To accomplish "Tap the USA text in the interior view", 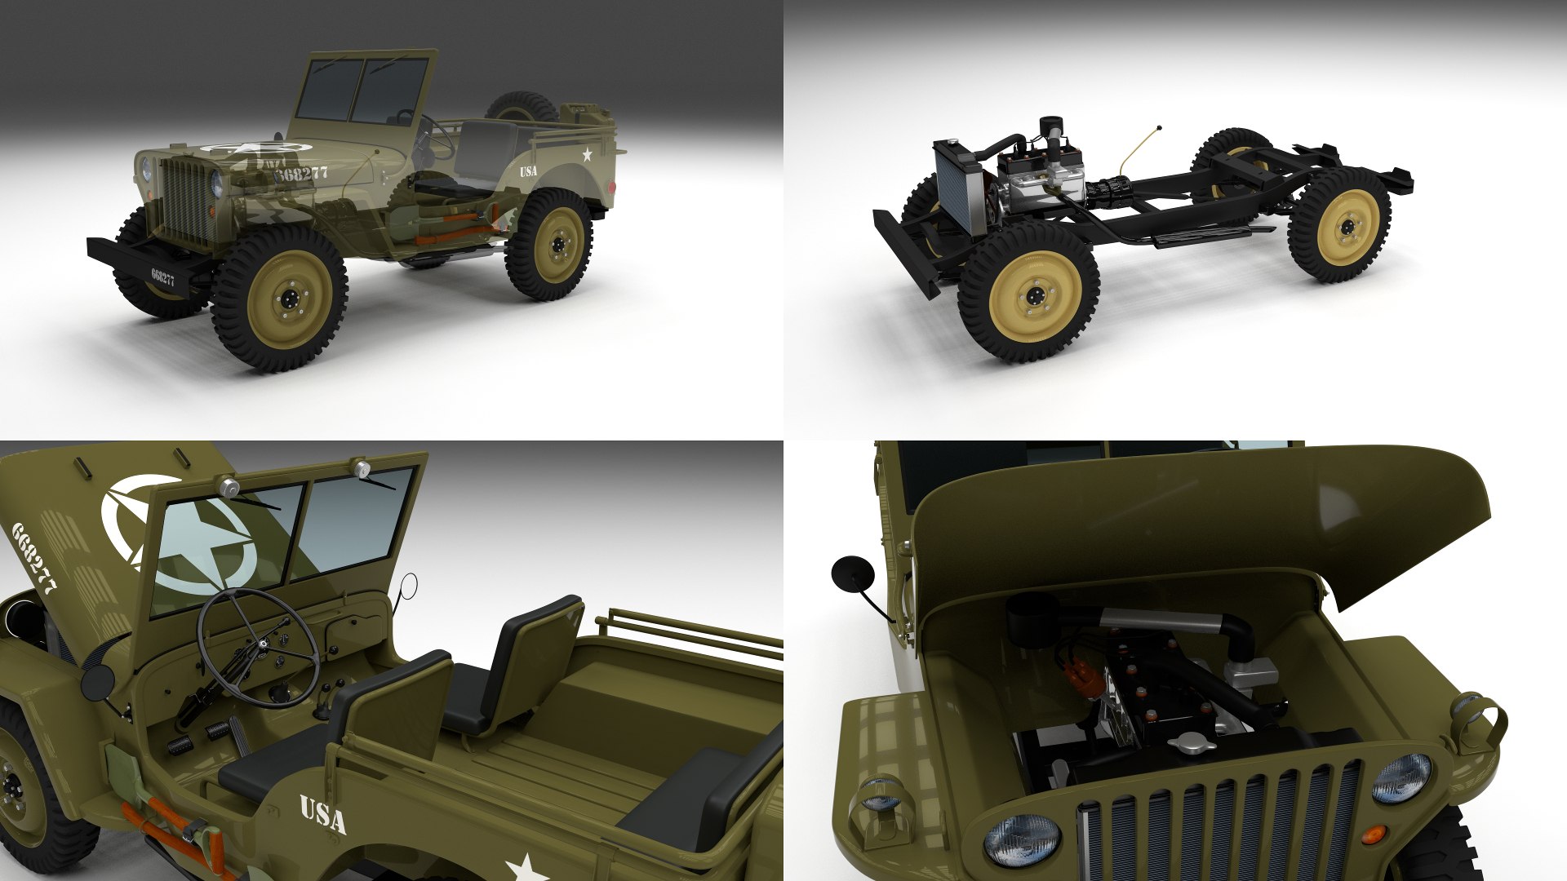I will click(x=323, y=814).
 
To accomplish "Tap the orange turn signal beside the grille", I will click(x=1374, y=835).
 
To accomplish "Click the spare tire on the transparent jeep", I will click(x=522, y=108).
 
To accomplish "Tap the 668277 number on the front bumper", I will click(x=162, y=278).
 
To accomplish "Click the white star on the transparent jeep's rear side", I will click(x=586, y=154).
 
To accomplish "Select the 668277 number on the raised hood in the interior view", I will click(x=34, y=558).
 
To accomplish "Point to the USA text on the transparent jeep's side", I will click(x=529, y=171).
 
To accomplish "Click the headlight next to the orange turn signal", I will click(x=1401, y=777).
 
